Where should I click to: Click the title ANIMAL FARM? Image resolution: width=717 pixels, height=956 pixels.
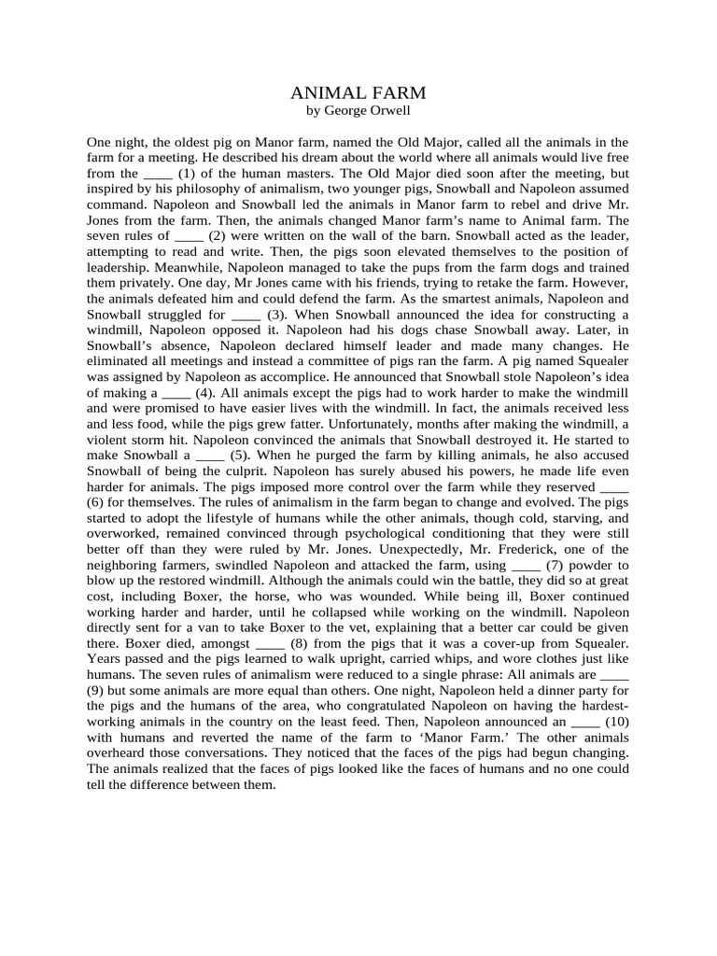[x=358, y=92]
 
